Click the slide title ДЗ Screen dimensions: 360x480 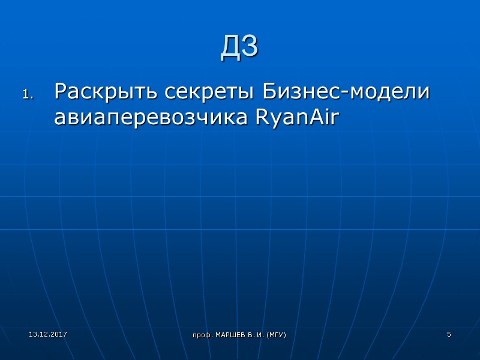coord(239,47)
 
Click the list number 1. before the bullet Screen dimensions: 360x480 coord(29,94)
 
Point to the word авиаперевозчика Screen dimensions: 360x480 coord(151,118)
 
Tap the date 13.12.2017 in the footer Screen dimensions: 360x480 coord(48,333)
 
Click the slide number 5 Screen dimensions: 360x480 coord(449,334)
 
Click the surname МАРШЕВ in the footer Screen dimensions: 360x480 coord(227,334)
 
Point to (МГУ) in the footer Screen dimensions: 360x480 coord(275,334)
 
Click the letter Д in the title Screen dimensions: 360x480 coord(230,47)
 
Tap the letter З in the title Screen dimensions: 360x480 coord(250,47)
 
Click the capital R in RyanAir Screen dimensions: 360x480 coord(262,118)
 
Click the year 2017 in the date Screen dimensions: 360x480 coord(59,333)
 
